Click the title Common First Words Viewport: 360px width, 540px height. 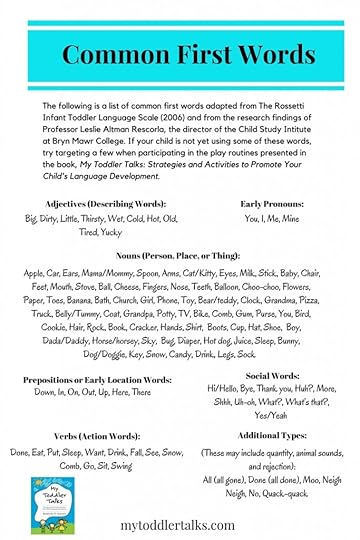tap(180, 52)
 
